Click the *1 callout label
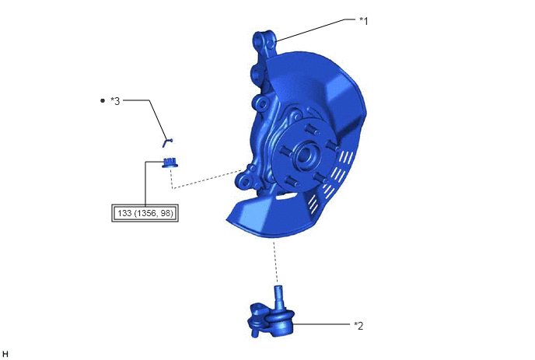pyautogui.click(x=364, y=21)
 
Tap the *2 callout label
pyautogui.click(x=358, y=326)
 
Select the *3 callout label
pyautogui.click(x=115, y=101)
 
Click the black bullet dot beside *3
pyautogui.click(x=103, y=100)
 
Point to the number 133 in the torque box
pyautogui.click(x=124, y=213)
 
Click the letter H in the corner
pyautogui.click(x=5, y=354)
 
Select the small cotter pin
pyautogui.click(x=167, y=142)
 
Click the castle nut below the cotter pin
pyautogui.click(x=170, y=163)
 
